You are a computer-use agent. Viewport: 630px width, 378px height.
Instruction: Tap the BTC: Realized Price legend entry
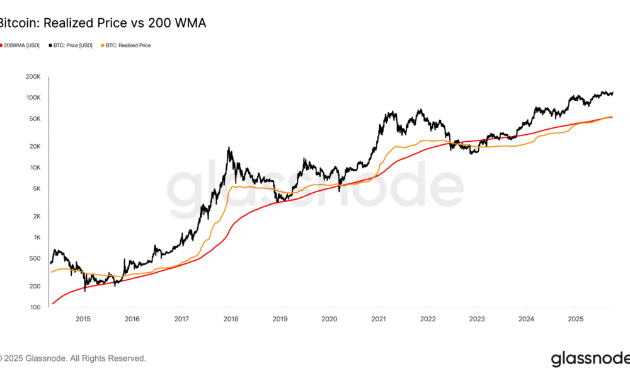[127, 45]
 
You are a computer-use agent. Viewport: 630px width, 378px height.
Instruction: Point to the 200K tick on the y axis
[33, 77]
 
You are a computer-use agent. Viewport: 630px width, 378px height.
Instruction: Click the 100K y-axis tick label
[33, 98]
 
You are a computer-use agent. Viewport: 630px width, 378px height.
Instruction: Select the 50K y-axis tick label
[35, 118]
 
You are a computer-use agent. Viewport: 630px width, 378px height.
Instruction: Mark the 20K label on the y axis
[35, 146]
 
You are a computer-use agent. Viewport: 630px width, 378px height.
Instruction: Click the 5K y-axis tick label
[36, 188]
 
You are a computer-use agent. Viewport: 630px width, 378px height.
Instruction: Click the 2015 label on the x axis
[83, 319]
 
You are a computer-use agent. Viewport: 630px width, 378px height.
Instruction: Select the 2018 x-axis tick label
[231, 319]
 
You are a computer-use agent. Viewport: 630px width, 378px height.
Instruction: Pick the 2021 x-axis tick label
[378, 319]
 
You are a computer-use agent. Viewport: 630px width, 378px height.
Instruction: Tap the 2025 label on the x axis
[575, 319]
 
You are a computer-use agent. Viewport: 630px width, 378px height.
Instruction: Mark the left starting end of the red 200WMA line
[53, 304]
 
